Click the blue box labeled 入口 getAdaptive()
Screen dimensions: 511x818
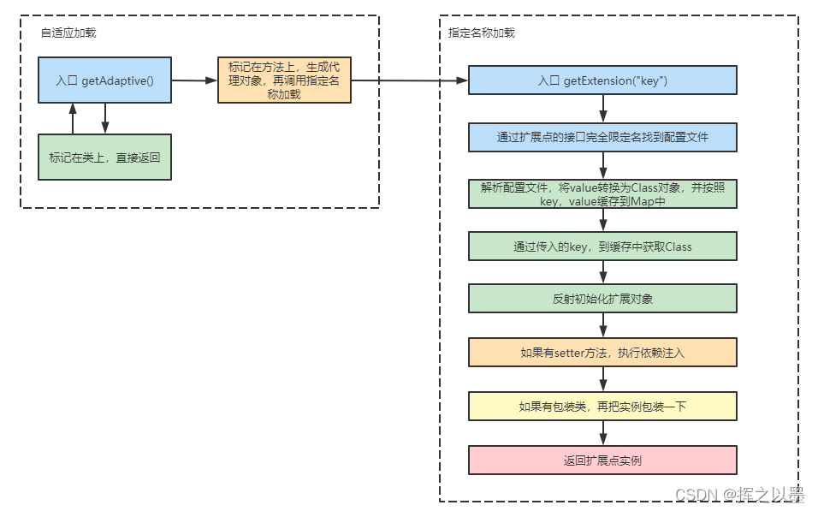(x=104, y=80)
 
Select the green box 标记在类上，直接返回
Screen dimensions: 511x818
(x=104, y=157)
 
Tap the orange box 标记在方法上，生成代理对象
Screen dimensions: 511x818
(x=284, y=80)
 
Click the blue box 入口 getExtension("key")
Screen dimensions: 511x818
(x=602, y=80)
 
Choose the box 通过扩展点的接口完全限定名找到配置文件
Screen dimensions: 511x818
(x=602, y=137)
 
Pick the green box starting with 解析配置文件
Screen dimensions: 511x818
(x=602, y=193)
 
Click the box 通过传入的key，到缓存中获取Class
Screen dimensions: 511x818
(x=602, y=247)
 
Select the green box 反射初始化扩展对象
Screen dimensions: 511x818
(x=602, y=299)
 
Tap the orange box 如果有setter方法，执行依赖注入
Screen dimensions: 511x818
(x=602, y=353)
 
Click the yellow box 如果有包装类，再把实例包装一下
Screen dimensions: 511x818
(x=602, y=407)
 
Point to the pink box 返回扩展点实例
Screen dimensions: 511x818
(x=602, y=460)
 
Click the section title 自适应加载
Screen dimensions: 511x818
(x=68, y=33)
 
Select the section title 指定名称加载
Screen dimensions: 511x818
(x=482, y=33)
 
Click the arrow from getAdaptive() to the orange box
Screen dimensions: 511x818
(x=194, y=80)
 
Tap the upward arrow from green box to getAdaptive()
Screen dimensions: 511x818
(x=74, y=119)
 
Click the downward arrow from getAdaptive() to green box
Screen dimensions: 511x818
(x=105, y=119)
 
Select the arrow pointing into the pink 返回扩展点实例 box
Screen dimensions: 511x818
(x=603, y=433)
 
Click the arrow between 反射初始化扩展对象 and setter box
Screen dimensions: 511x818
(x=603, y=325)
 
